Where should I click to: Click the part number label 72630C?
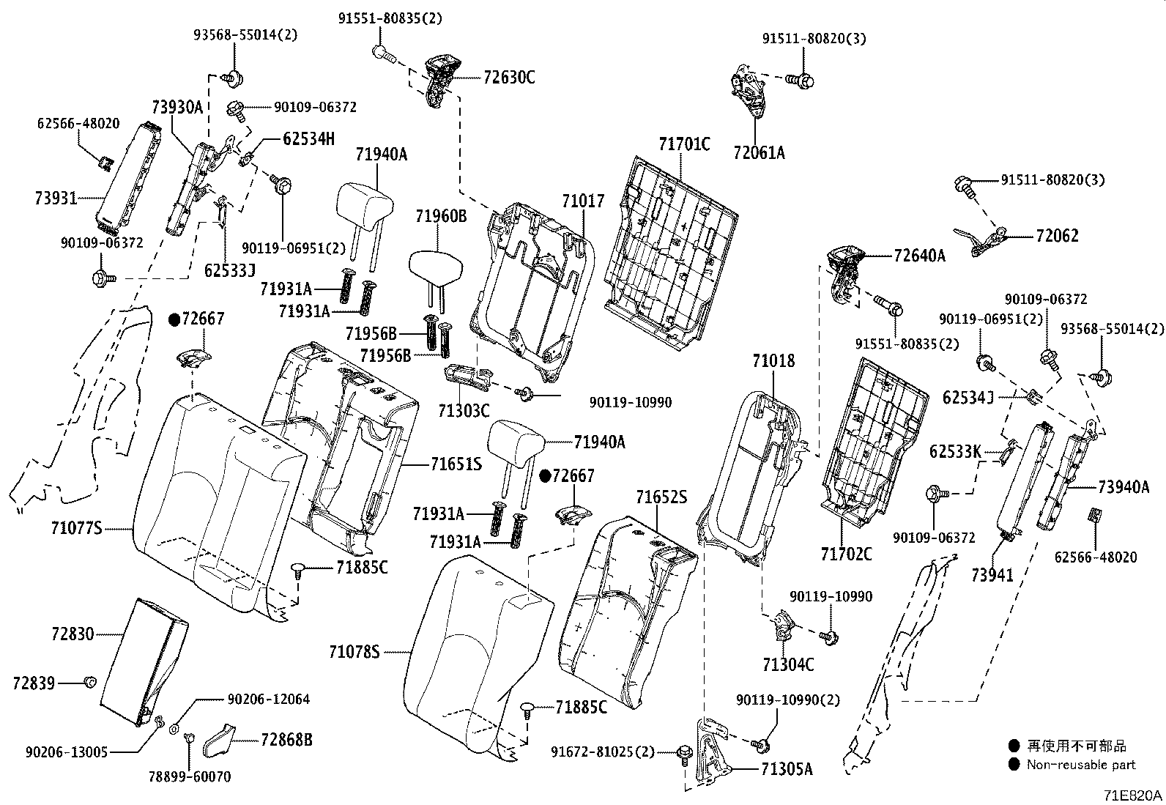(x=509, y=76)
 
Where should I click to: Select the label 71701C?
(x=684, y=144)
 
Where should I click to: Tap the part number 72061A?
(x=759, y=152)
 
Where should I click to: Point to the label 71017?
(x=583, y=200)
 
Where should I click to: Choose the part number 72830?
(x=73, y=634)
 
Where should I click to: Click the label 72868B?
(x=286, y=740)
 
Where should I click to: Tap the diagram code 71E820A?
(x=1134, y=795)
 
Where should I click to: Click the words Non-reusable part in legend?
(x=1081, y=765)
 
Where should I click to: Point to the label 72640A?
(x=919, y=256)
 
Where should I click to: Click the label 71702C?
(x=846, y=554)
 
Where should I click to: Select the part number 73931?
(x=56, y=198)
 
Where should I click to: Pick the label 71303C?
(x=463, y=410)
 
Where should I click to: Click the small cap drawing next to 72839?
(x=90, y=683)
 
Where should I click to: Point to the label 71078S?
(x=354, y=650)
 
